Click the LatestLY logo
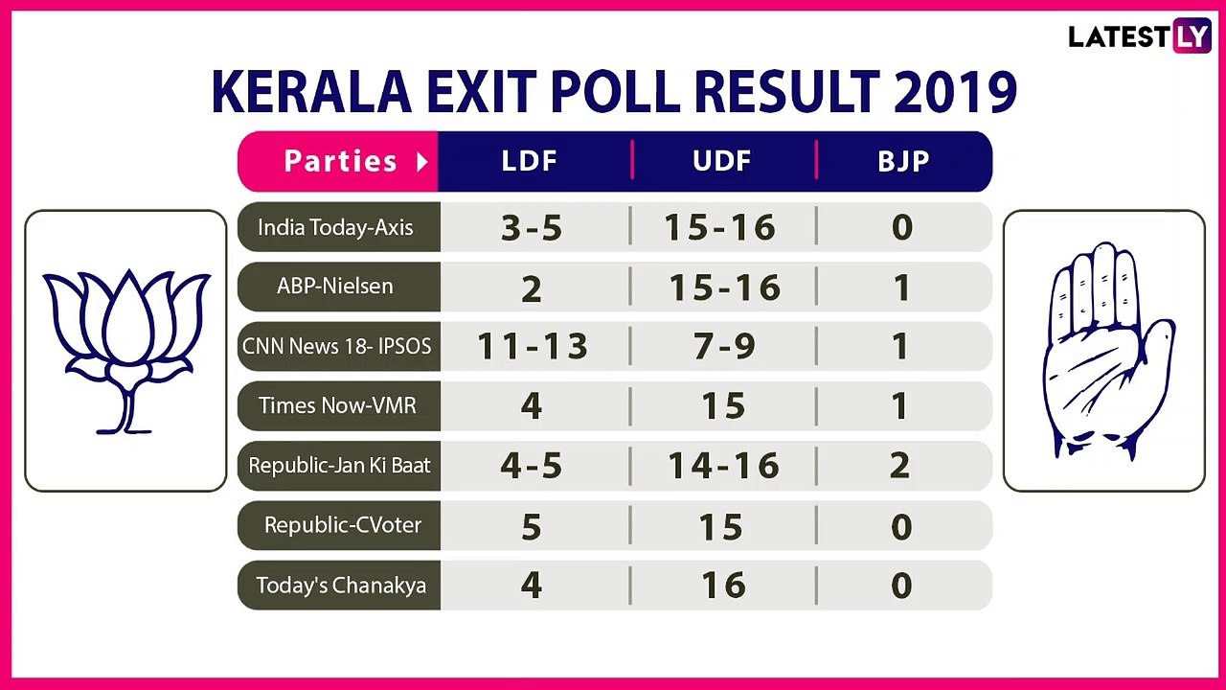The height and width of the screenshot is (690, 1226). [1140, 37]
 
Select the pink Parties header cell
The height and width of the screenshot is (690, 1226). [339, 161]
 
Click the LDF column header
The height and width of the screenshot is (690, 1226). [530, 161]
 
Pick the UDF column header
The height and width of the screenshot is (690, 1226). [721, 161]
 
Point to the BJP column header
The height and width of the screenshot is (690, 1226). [903, 161]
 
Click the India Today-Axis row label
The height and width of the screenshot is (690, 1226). [335, 228]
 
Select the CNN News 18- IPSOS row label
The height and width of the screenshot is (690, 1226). [337, 347]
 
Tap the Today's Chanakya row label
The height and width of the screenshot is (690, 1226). [341, 586]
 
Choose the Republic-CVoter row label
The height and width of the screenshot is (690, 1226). [343, 526]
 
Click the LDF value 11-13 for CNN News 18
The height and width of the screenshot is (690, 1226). [533, 347]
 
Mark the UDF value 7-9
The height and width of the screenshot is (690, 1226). [722, 347]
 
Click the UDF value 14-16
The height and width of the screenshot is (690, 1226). [722, 466]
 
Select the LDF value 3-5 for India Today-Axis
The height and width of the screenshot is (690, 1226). [532, 228]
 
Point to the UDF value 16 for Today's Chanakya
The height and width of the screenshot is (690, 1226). [722, 586]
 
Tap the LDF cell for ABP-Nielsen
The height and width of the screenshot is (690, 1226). [532, 288]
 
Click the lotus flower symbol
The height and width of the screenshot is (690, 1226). [125, 350]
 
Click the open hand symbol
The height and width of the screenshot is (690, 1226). [1105, 350]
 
